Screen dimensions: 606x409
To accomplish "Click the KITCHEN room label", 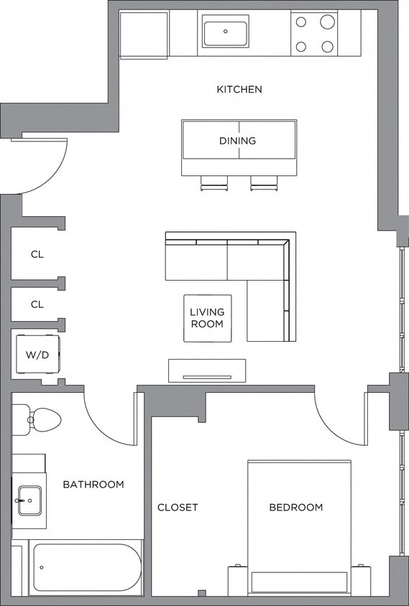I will point(239,90).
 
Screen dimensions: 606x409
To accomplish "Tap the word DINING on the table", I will point(237,141).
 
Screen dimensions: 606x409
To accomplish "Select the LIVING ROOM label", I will point(207,318).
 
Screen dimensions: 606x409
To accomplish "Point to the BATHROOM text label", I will point(93,485).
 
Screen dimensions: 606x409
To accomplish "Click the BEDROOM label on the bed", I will point(295,508).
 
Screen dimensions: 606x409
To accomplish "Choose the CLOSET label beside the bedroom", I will point(178,508).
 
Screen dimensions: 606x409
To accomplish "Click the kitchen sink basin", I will point(225,32).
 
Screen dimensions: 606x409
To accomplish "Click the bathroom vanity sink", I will point(29,500).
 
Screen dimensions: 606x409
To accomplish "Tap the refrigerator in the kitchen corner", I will point(144,34).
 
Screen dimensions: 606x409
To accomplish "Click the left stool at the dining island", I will point(213,184).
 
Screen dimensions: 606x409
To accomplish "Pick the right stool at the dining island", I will point(263,184).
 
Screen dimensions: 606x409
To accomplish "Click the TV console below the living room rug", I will point(207,370).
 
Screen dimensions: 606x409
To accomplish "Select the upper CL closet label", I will point(37,254).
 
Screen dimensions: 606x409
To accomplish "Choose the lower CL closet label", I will point(37,304).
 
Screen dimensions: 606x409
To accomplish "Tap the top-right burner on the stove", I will point(327,22).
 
